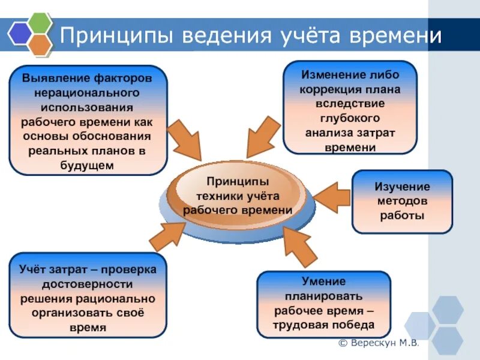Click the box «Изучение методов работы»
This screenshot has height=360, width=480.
(402, 202)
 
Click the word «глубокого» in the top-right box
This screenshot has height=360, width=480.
(350, 118)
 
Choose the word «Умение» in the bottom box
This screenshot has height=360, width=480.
(323, 281)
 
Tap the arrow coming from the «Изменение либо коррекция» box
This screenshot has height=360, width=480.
(262, 135)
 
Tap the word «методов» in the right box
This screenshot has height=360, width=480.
(402, 201)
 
